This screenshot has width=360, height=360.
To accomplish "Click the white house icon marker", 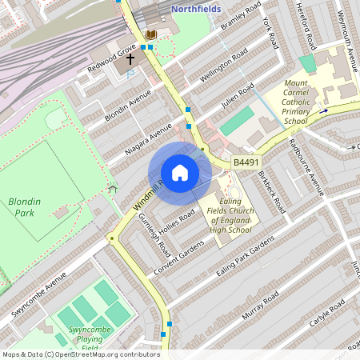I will (x=180, y=173).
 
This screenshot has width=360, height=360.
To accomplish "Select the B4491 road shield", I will (x=246, y=162).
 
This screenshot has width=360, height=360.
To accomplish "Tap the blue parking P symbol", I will (x=132, y=74).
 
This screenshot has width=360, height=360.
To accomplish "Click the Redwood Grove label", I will (x=111, y=61).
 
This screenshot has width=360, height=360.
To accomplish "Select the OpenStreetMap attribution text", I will (x=80, y=354).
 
